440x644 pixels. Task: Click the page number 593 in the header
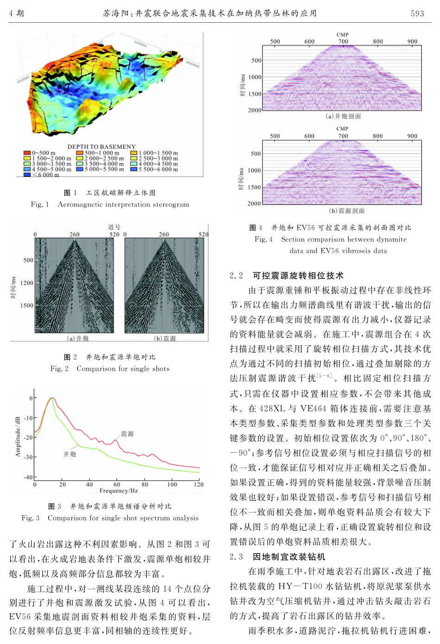tap(417, 13)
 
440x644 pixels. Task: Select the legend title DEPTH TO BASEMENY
tap(101, 147)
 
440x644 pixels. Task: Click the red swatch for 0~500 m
tap(27, 153)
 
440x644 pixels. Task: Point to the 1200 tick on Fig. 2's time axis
tap(27, 283)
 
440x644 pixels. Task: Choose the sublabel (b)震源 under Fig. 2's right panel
tap(165, 339)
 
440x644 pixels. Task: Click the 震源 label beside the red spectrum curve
tap(127, 434)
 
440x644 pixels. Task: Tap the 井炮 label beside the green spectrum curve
tap(70, 454)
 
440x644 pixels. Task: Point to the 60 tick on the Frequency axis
tap(117, 485)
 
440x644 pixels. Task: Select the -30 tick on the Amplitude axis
tap(29, 457)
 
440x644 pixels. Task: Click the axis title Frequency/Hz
tap(119, 491)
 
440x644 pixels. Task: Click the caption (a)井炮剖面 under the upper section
tap(343, 116)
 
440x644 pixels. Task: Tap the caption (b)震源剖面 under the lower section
tap(346, 211)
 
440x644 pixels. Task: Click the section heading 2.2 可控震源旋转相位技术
tap(287, 276)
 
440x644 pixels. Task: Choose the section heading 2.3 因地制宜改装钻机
tap(277, 556)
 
